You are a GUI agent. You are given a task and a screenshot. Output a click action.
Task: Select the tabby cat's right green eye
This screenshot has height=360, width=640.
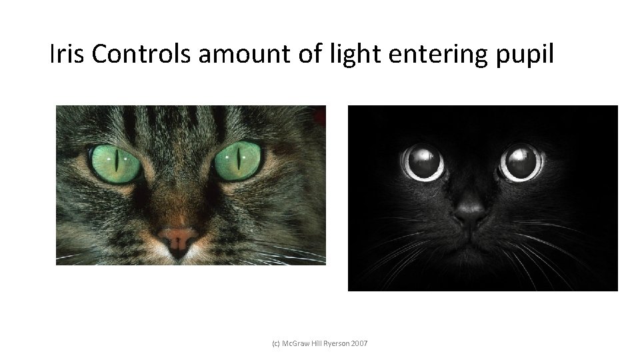[238, 161]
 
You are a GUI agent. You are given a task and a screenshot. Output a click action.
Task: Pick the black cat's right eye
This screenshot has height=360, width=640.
[522, 162]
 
